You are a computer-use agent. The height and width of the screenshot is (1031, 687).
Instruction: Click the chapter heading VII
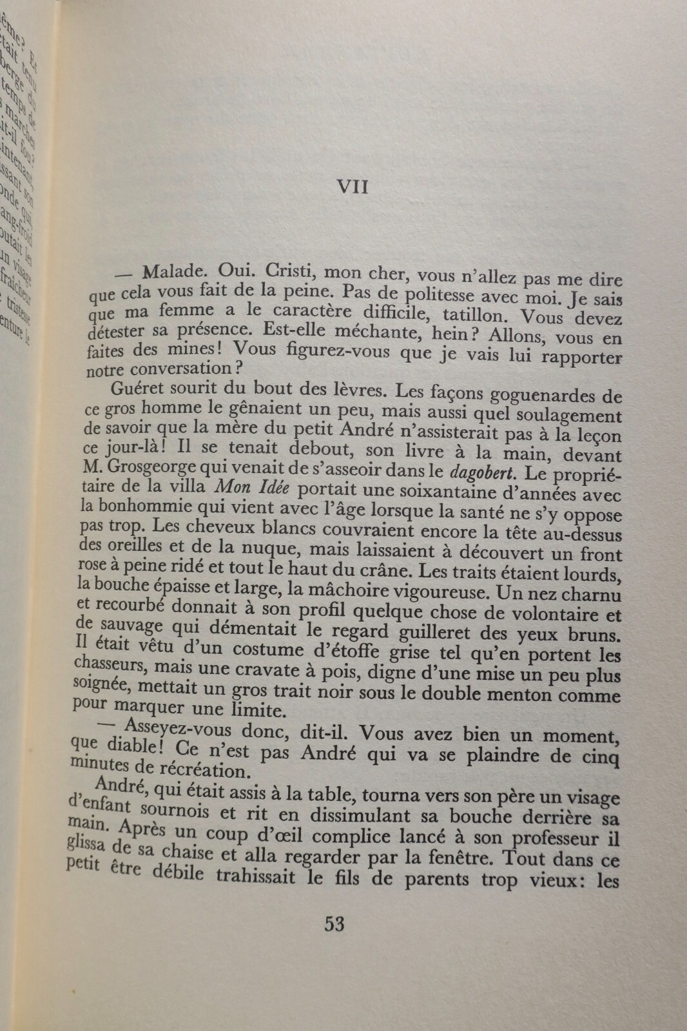point(353,187)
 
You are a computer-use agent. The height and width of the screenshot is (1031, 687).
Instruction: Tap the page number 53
point(334,924)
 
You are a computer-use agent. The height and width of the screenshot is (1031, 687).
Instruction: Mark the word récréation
point(193,769)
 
